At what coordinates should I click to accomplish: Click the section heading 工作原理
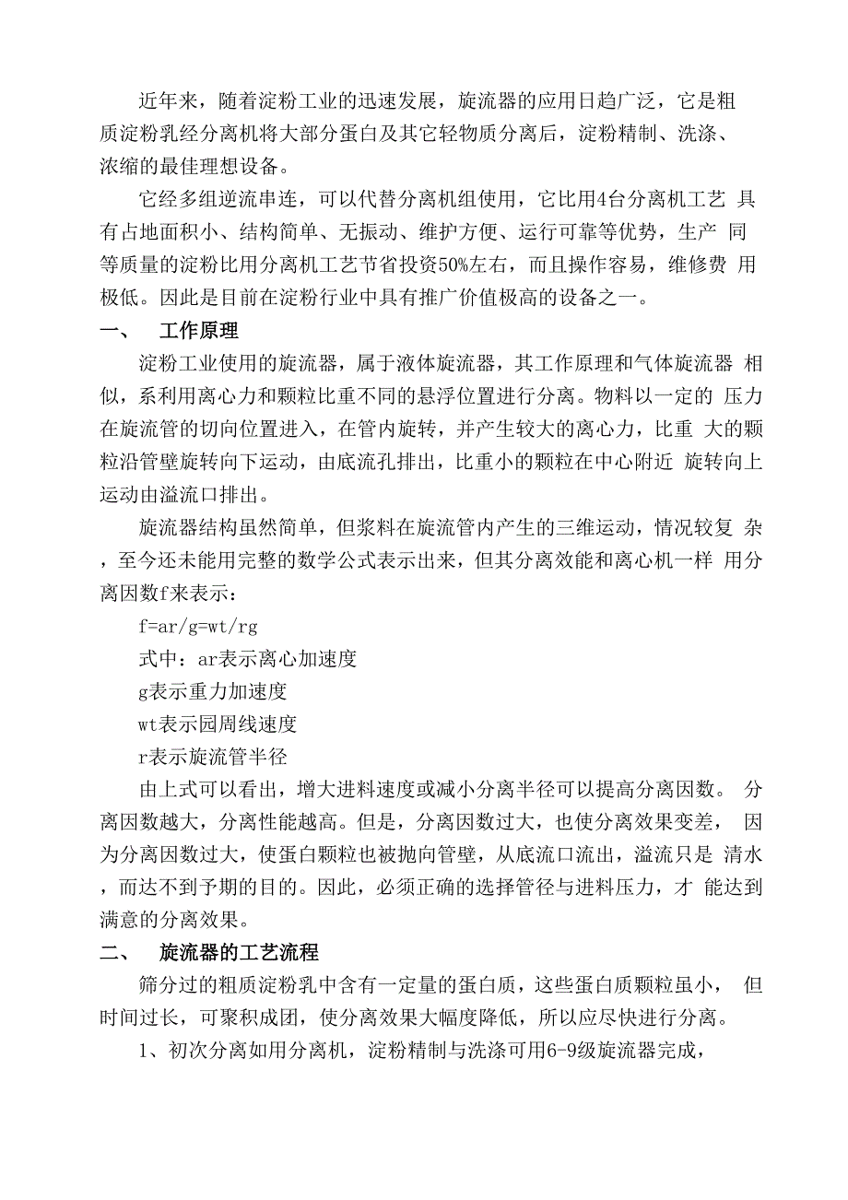(x=200, y=330)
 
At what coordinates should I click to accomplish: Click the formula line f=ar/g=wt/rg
(x=197, y=628)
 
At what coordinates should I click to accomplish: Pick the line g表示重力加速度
(x=213, y=690)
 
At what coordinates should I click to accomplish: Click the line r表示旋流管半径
(x=213, y=757)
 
